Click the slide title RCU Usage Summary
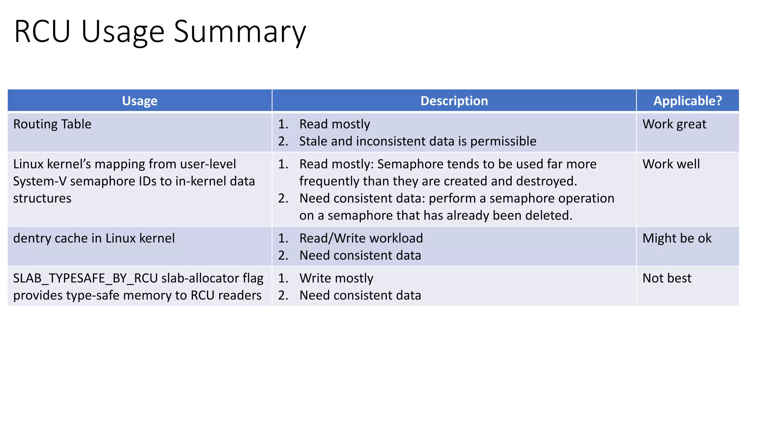160,32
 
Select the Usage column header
140,101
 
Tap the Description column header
454,101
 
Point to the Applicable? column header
687,101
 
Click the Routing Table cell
52,124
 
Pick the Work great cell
674,124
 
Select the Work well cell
671,164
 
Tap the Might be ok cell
677,238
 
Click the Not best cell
667,278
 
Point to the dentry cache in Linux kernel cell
94,238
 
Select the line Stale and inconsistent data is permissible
417,141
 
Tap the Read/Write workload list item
361,238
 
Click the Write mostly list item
336,278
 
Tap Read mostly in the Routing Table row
334,124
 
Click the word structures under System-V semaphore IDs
42,198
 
